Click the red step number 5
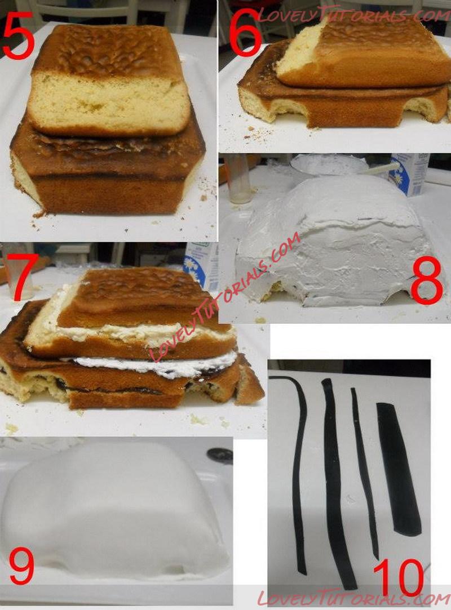tap(18, 36)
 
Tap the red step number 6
tap(245, 32)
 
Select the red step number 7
tap(22, 277)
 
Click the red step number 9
tap(21, 566)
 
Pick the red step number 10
tap(398, 579)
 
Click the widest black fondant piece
tap(398, 469)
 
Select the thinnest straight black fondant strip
tap(365, 473)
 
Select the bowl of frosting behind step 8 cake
tap(329, 166)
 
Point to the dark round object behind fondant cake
tap(220, 454)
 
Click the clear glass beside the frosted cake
tap(238, 179)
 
